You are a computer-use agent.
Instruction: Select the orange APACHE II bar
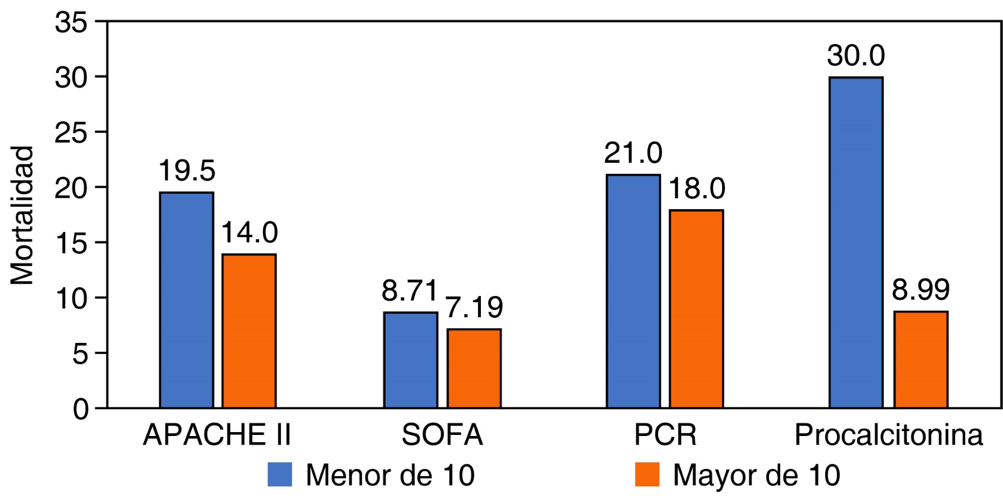coord(249,331)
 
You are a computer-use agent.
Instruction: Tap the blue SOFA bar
coord(411,360)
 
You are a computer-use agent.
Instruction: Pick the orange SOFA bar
coord(474,369)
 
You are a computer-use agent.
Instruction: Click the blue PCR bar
coord(634,291)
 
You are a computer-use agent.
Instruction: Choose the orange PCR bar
coord(697,309)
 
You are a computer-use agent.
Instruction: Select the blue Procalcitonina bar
coord(856,243)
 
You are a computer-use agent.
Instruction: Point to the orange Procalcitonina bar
coord(921,360)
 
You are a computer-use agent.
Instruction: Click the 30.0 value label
coord(856,56)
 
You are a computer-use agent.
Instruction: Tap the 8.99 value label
coord(921,289)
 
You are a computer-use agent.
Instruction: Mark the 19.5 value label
coord(187,171)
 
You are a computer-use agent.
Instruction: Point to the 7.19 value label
coord(474,307)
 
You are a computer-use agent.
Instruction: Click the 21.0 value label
coord(634,153)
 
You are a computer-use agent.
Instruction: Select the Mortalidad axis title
coord(22,215)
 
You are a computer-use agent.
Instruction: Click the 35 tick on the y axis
coord(71,23)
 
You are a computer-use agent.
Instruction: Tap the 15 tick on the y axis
coord(71,243)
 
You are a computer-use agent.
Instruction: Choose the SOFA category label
coord(442,435)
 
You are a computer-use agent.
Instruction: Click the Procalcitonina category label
coord(888,435)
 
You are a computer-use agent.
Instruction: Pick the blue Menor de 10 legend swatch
coord(280,474)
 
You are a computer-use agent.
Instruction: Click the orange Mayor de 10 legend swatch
coord(647,474)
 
